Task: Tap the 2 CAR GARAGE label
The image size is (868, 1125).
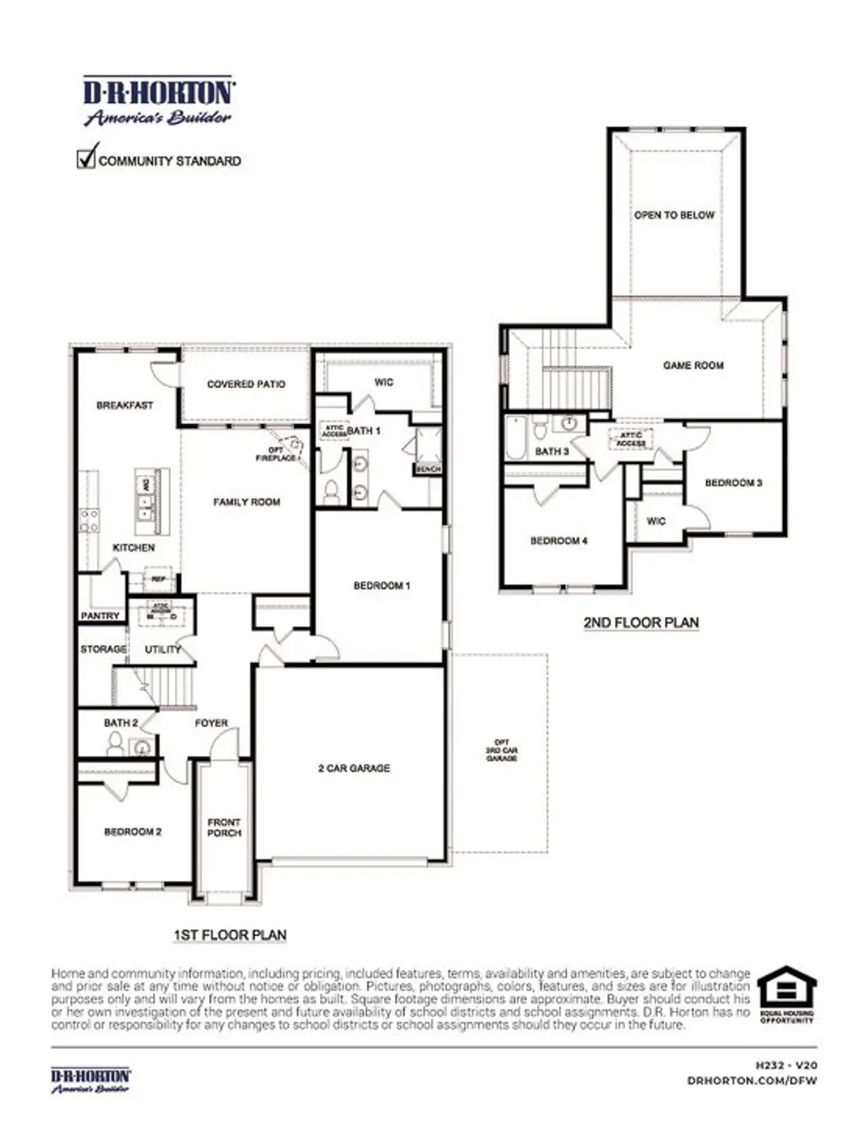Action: click(x=354, y=768)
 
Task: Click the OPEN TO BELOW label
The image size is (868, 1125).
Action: click(x=674, y=215)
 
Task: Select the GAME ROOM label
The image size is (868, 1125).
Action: click(x=693, y=365)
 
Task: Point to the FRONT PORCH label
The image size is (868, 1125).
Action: click(x=224, y=827)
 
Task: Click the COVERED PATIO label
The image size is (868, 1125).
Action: click(x=246, y=384)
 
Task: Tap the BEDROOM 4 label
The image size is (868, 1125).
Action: click(x=559, y=541)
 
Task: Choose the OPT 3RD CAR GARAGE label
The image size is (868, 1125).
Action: click(x=502, y=750)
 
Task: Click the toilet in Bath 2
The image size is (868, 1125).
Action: click(x=116, y=745)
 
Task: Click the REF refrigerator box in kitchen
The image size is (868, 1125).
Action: click(x=158, y=579)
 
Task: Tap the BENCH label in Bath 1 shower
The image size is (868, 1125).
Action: click(x=428, y=469)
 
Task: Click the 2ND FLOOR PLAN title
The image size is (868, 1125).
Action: click(x=641, y=622)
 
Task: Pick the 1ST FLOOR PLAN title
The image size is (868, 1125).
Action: click(x=230, y=935)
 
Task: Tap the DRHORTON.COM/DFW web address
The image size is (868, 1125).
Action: click(x=751, y=1080)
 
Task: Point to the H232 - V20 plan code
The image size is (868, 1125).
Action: click(x=786, y=1066)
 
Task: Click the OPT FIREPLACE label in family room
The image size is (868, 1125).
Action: click(x=276, y=454)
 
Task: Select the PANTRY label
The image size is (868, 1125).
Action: click(x=100, y=615)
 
